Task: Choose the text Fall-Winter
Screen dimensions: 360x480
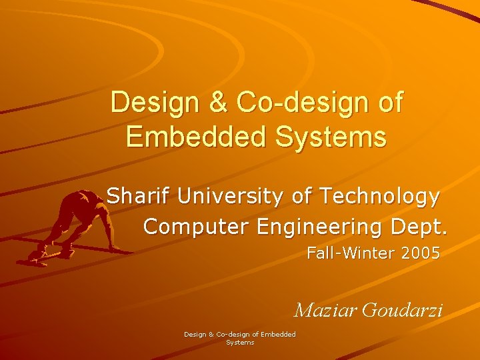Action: pos(349,254)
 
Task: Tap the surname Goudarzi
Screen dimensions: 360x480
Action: pos(403,310)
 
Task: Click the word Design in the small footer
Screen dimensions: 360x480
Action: pos(195,334)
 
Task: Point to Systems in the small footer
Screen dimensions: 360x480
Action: pos(240,342)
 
